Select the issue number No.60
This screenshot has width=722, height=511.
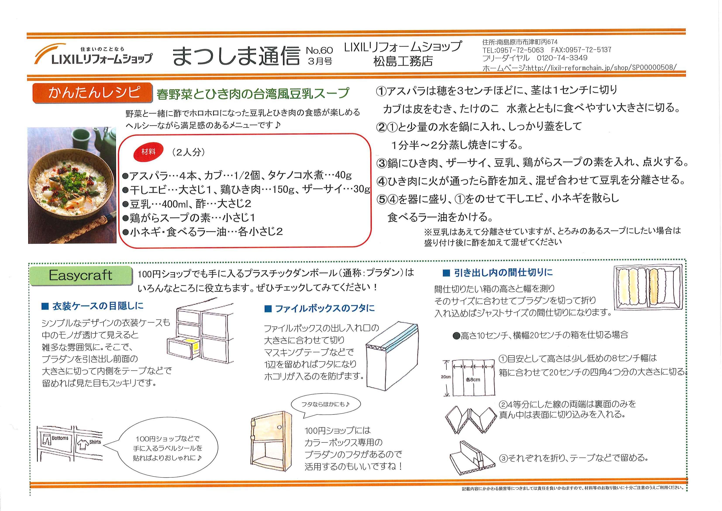point(320,50)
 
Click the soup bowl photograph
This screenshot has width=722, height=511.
point(72,185)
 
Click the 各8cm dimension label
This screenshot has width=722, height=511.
point(473,380)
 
